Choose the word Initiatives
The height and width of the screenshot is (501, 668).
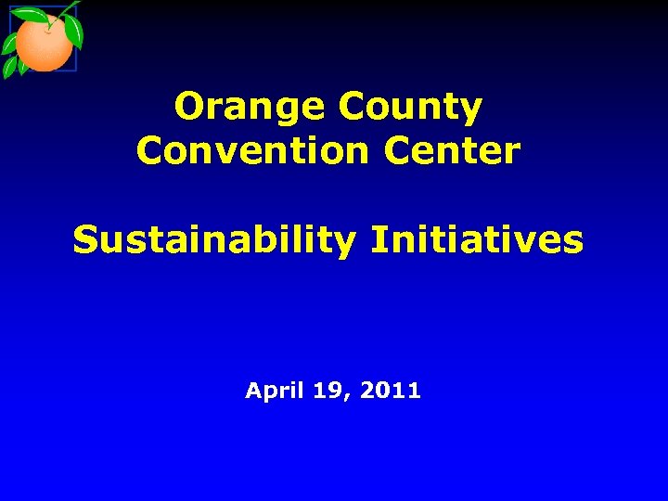click(477, 240)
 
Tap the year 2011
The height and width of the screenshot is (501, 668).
click(390, 392)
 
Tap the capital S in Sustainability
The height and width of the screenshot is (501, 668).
click(84, 240)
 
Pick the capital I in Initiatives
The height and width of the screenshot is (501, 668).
click(376, 240)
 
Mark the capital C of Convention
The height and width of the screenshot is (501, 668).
click(148, 149)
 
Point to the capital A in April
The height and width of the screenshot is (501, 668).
click(253, 392)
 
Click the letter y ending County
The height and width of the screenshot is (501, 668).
click(472, 111)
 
